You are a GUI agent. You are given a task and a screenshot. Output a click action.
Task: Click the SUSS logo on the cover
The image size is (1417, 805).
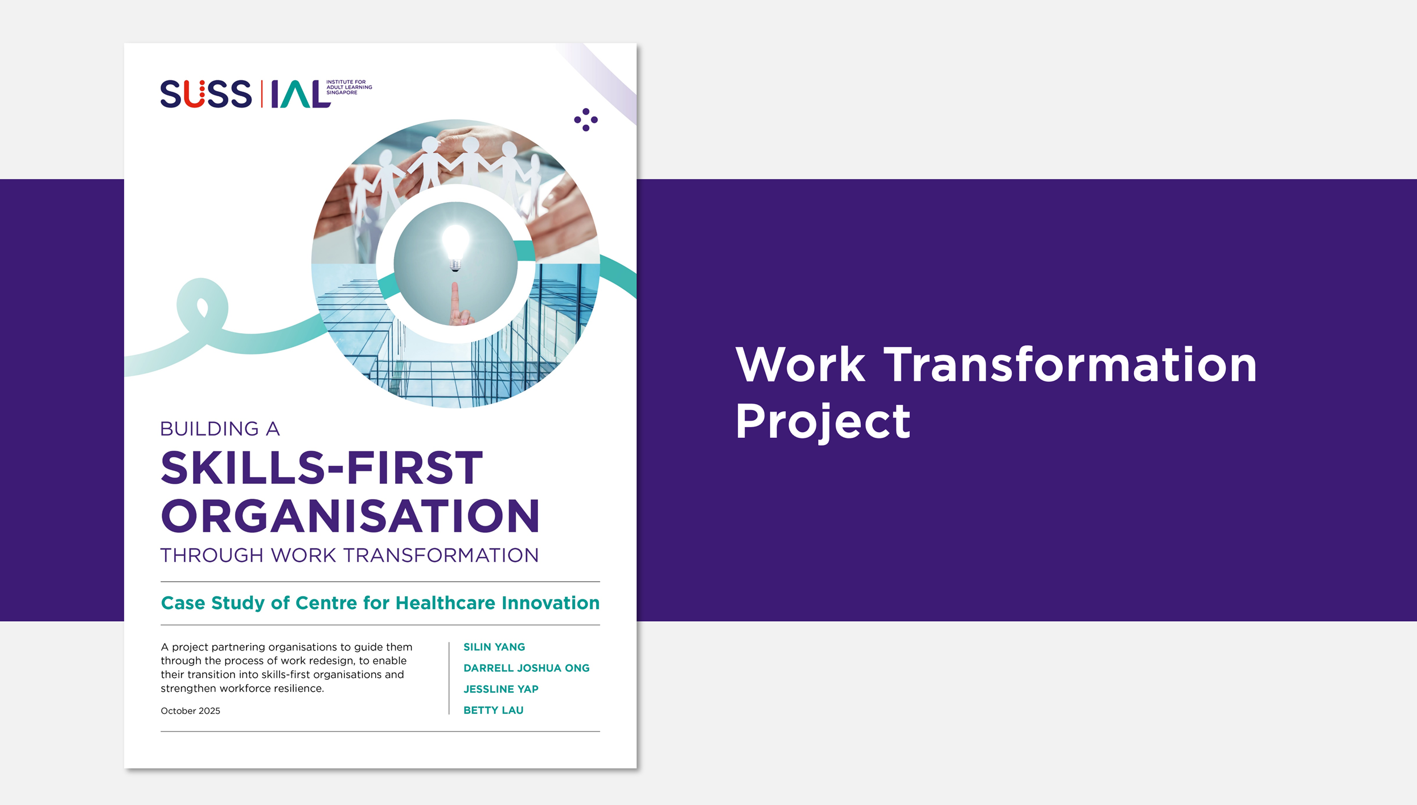206,94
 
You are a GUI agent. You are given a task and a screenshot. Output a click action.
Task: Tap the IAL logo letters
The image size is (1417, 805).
301,94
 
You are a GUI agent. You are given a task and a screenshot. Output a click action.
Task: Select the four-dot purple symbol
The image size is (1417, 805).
586,120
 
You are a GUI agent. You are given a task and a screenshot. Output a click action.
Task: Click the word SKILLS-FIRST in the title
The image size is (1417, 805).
322,468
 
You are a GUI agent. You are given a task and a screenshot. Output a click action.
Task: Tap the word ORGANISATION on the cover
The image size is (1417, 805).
350,516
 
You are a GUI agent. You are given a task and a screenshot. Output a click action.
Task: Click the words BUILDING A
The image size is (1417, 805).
220,429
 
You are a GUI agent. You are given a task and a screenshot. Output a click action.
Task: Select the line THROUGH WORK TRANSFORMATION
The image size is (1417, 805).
350,555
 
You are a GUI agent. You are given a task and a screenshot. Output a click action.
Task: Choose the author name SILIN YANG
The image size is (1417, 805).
494,647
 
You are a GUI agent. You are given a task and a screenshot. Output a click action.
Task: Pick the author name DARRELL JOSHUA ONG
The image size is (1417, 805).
527,668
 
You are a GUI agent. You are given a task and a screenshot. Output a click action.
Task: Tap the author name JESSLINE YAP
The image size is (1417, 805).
501,689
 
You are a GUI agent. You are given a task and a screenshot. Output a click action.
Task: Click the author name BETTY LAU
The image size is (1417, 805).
494,710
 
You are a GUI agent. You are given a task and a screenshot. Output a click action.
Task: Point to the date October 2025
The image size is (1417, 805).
190,710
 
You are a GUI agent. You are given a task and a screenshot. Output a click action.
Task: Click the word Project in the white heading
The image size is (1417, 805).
823,422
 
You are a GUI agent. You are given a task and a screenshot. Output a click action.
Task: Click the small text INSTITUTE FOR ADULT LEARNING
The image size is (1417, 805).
349,85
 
